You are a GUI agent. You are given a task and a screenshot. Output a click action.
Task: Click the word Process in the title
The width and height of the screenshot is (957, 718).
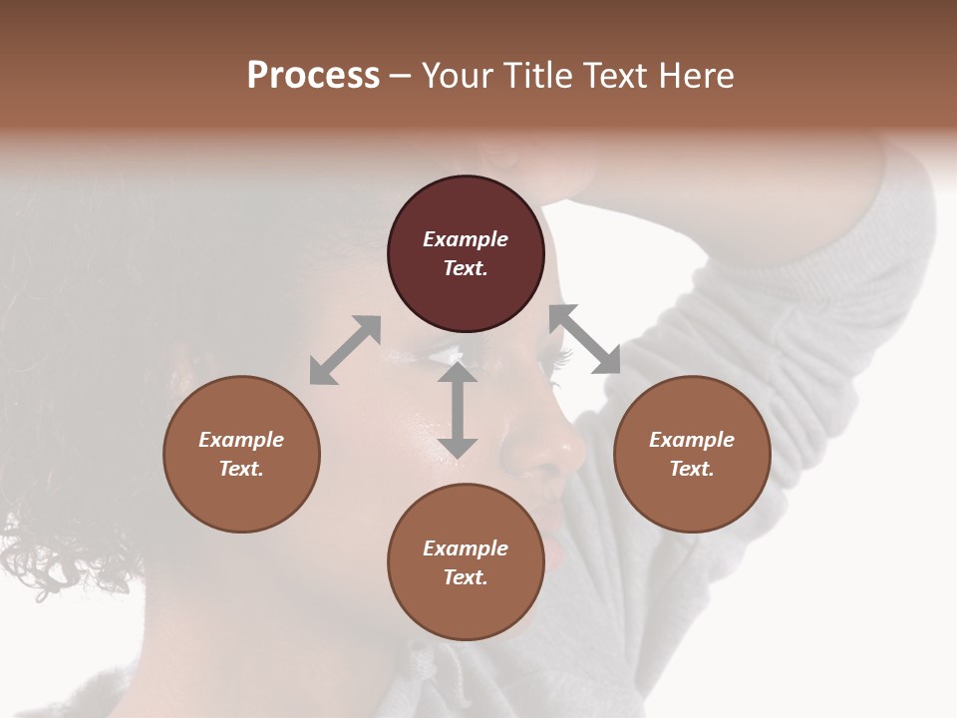click(x=313, y=76)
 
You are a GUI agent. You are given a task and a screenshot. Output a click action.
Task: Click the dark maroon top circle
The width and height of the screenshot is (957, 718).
click(x=466, y=254)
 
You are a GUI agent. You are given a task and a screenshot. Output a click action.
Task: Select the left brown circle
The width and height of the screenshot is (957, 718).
click(x=241, y=454)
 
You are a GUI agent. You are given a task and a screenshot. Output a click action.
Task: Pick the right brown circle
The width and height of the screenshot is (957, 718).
click(x=692, y=454)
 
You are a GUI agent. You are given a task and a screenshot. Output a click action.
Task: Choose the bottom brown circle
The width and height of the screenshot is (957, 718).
click(x=466, y=562)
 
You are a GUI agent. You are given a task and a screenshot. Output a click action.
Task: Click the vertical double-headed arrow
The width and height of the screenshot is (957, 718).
click(x=458, y=410)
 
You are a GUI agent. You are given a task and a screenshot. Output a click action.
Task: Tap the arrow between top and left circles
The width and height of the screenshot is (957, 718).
click(x=345, y=350)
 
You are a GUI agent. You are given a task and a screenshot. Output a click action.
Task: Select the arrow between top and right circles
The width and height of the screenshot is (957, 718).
click(x=584, y=339)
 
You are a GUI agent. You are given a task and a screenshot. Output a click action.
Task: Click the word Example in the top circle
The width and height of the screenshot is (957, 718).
click(x=466, y=239)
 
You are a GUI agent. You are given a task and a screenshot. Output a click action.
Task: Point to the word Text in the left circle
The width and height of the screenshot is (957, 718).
click(x=241, y=469)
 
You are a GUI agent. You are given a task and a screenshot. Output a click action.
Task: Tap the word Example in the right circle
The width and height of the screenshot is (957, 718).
click(x=692, y=440)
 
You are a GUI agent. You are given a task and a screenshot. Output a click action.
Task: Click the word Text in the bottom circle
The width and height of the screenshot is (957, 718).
click(x=466, y=577)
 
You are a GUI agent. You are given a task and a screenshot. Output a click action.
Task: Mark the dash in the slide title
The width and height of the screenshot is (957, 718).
click(x=401, y=76)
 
